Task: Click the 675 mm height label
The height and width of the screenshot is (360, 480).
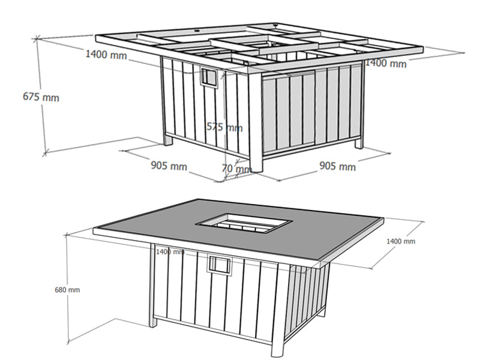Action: pos(41,97)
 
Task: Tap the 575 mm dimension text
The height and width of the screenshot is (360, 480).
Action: pos(224,127)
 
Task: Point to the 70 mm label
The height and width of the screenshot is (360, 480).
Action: pos(236,169)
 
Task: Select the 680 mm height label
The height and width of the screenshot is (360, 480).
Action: pos(67,290)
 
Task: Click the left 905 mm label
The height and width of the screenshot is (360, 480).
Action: pos(169,166)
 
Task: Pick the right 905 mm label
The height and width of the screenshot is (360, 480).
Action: pos(338,166)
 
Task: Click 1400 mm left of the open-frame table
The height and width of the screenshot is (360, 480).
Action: pos(106,55)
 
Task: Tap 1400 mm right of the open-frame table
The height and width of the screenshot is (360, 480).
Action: pos(386,63)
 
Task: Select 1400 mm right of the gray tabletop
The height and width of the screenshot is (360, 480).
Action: pos(401,241)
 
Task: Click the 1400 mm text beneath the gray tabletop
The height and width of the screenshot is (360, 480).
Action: pos(170,252)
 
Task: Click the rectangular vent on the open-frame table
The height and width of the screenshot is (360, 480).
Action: pos(209,78)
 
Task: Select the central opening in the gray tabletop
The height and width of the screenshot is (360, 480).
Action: pos(244,223)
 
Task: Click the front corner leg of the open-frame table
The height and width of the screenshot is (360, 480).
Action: pos(256,121)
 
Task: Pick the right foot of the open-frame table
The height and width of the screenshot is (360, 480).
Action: pos(359,143)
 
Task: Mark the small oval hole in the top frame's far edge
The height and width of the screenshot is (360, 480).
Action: pos(197,31)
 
